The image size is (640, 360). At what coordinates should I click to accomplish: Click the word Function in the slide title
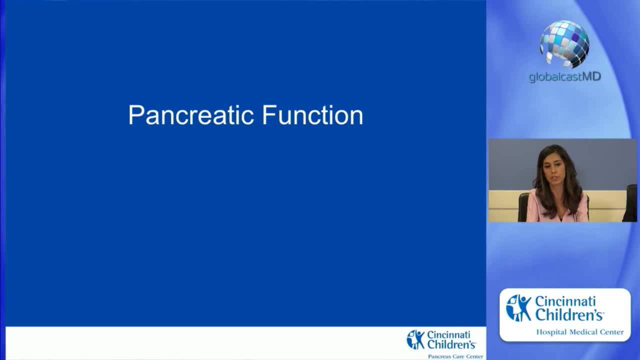[x=312, y=115]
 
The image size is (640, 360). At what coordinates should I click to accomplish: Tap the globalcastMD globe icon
[x=564, y=43]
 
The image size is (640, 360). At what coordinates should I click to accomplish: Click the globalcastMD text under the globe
[x=564, y=77]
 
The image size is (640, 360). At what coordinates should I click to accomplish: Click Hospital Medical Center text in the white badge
[x=579, y=332]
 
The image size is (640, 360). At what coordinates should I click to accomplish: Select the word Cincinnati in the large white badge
[x=565, y=301]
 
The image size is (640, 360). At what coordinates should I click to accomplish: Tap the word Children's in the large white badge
[x=569, y=315]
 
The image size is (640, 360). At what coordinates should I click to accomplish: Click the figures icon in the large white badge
[x=518, y=307]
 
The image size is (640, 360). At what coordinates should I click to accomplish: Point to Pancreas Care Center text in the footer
[x=455, y=356]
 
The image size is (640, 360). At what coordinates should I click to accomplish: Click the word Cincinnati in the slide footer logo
[x=448, y=334]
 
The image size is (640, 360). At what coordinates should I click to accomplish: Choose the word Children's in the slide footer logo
[x=451, y=344]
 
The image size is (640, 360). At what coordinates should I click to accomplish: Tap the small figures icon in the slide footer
[x=415, y=339]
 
